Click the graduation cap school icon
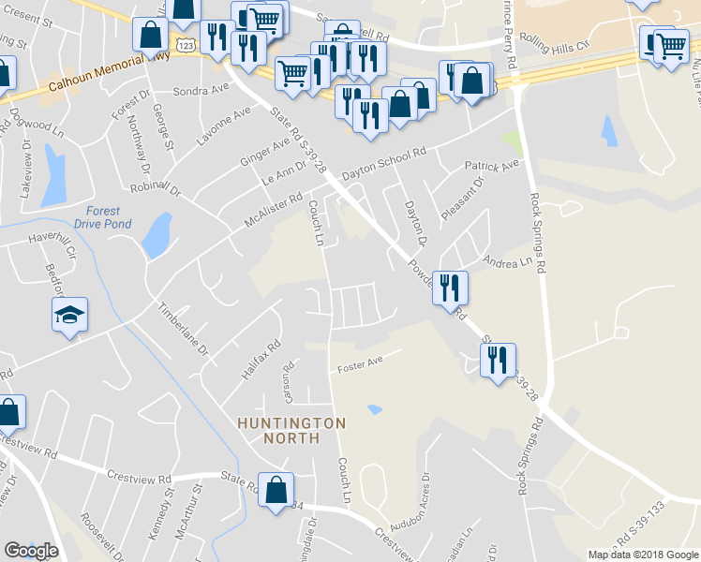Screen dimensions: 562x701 coord(70,316)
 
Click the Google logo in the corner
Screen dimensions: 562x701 coord(31,551)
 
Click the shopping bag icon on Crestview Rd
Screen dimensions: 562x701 coord(276,491)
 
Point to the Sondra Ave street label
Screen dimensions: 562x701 coord(201,92)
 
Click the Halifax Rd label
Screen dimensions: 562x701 coord(260,360)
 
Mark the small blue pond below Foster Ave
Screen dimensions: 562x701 coord(375,409)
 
